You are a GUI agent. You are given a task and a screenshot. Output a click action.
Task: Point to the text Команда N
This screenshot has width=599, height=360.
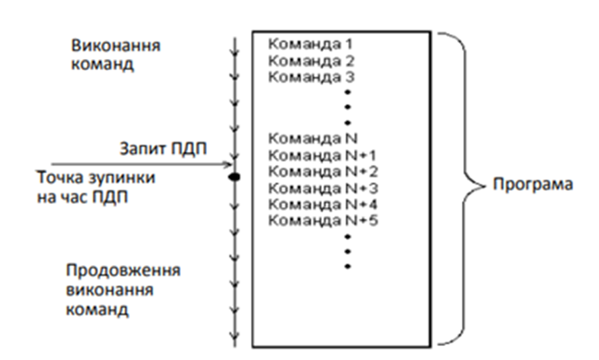pyautogui.click(x=305, y=140)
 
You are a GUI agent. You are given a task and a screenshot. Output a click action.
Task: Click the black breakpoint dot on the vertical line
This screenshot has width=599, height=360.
pyautogui.click(x=234, y=177)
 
